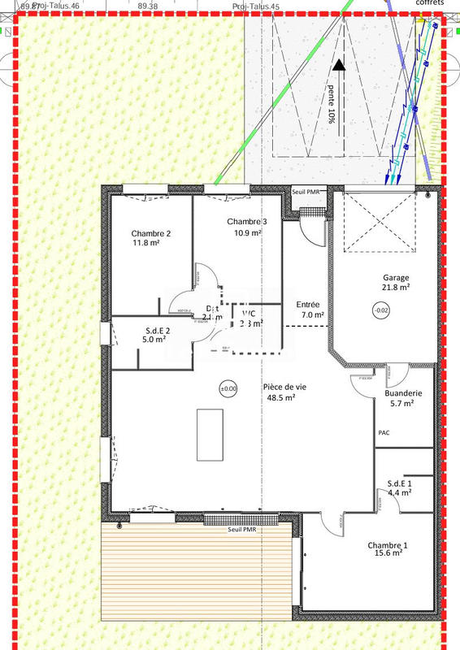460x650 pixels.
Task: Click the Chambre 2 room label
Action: (151, 234)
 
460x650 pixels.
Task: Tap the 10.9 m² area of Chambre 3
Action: (247, 233)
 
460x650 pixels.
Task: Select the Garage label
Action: (397, 277)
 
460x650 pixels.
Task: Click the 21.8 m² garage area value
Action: (396, 287)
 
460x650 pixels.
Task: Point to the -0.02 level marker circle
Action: (380, 310)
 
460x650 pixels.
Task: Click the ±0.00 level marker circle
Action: (228, 388)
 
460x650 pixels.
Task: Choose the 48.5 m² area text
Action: (280, 398)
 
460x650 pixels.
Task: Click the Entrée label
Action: (310, 304)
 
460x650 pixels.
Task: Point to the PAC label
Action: (384, 432)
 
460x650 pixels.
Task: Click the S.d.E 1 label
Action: (399, 483)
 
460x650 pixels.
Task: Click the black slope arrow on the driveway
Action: (338, 67)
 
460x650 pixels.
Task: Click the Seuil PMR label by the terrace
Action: (244, 529)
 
